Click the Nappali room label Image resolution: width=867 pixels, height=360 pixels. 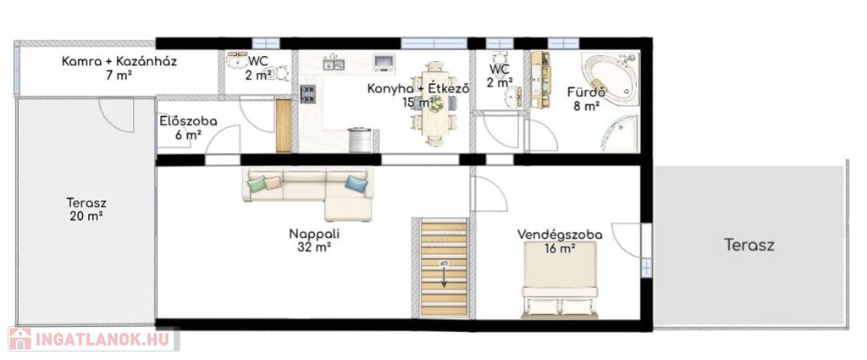coord(314,234)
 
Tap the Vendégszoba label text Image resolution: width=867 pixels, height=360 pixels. coord(560,235)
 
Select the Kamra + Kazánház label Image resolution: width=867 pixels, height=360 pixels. coord(119,61)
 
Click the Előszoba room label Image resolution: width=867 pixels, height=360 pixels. coord(188,121)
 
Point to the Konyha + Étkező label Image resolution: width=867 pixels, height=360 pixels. coord(418,88)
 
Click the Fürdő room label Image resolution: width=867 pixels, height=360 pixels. coord(586,92)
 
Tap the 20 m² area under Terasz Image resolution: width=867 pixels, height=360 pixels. coord(86,216)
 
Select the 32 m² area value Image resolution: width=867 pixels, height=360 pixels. coord(314,247)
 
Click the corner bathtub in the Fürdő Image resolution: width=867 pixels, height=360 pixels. coord(610,79)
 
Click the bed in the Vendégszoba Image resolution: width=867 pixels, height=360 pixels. coord(560,280)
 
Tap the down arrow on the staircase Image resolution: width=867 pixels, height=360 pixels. coord(444,274)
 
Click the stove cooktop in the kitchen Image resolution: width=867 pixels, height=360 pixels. coord(308,94)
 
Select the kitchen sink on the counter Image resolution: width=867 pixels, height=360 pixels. coord(334,64)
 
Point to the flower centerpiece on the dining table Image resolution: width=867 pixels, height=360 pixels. coord(437,102)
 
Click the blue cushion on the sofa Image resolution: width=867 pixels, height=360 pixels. coord(356,184)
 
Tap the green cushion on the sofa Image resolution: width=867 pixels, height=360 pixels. coord(256,184)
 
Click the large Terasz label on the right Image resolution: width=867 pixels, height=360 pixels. coord(749,245)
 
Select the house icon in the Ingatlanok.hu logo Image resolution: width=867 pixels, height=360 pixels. coord(20,339)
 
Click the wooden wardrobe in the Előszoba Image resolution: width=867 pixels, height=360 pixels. coord(283,125)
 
